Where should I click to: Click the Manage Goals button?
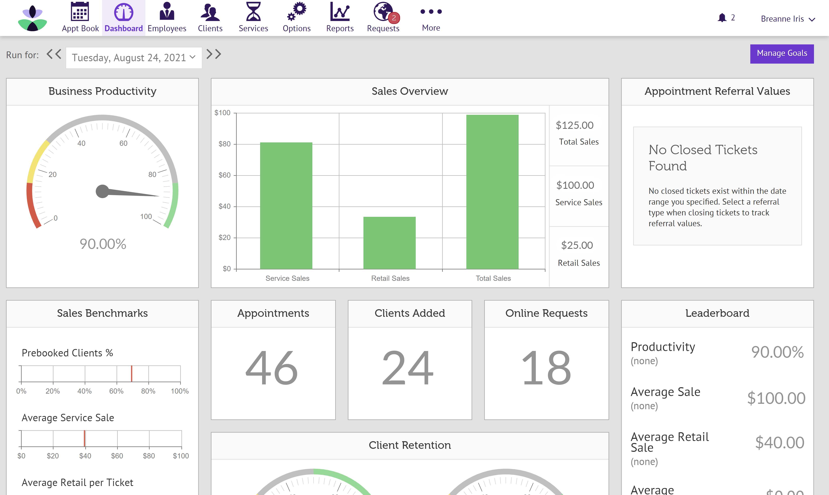(782, 53)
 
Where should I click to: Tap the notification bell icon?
(722, 18)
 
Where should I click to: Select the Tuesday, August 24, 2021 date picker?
(134, 58)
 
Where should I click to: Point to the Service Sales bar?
(286, 205)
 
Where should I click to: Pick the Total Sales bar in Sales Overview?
(492, 192)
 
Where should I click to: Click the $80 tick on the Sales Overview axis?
(224, 144)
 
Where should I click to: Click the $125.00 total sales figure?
(574, 125)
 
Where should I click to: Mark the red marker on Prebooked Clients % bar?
(132, 374)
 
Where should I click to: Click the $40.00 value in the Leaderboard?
(780, 443)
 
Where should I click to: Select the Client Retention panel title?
(410, 445)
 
